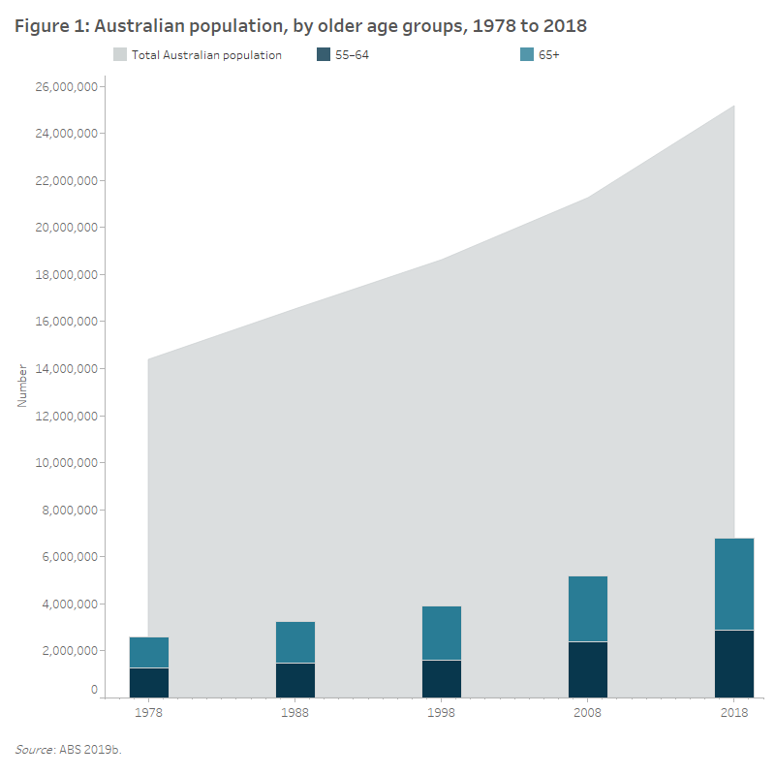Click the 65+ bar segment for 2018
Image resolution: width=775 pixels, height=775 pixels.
(734, 584)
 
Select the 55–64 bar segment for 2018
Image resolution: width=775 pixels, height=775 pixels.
(734, 664)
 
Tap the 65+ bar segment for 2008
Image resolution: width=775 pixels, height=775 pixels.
(588, 608)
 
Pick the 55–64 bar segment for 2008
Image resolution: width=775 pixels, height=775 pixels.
(588, 669)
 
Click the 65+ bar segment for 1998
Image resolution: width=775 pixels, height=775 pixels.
(442, 633)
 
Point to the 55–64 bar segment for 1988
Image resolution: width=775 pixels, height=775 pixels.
(295, 680)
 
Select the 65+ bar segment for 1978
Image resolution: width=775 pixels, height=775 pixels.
(149, 652)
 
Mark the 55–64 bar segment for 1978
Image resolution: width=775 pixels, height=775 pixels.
(149, 683)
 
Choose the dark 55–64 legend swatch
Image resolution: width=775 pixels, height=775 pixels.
(325, 55)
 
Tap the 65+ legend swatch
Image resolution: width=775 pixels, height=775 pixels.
(527, 55)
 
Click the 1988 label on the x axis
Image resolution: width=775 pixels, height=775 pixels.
(295, 712)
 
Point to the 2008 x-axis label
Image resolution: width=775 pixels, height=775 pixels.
(588, 712)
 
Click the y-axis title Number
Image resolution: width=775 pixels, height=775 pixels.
(23, 385)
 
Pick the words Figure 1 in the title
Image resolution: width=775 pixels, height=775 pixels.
(47, 26)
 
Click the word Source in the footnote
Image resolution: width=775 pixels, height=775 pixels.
(35, 749)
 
